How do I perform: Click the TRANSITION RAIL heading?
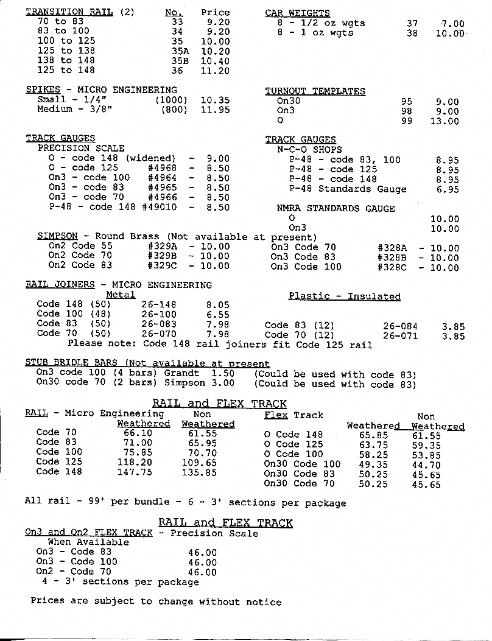coord(69,12)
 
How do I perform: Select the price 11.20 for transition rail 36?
coord(215,71)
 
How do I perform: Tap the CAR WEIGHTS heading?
coord(297,13)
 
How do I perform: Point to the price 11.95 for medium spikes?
coord(215,110)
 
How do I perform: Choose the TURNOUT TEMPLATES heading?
coord(315,91)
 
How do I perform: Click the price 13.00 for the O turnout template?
coord(445,121)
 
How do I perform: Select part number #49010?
coord(160,207)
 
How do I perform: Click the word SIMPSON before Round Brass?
coord(57,236)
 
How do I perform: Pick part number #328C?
coord(392,267)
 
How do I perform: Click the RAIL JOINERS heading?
coord(60,284)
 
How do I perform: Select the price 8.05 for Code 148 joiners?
coord(217,304)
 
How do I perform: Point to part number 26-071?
coord(400,335)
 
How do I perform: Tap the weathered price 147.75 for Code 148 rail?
coord(138,471)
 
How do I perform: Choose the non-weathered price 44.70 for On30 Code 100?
coord(426,464)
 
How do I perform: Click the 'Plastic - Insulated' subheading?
coord(344,296)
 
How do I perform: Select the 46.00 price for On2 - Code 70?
coord(202,572)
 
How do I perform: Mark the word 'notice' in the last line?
coord(264,601)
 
